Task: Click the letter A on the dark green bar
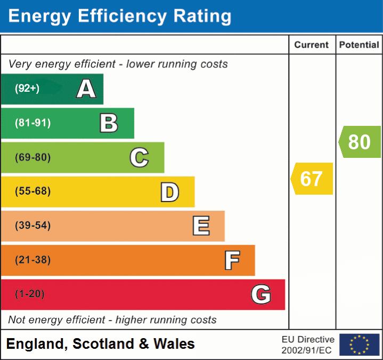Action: coord(86,89)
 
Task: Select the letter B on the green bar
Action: coord(109,123)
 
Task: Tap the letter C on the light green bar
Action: coord(139,157)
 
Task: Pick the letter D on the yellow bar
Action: coord(169,192)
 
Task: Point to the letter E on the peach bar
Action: coord(201,226)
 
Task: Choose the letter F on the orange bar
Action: coord(232,260)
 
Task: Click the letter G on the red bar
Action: coord(261,294)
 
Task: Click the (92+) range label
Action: coord(27,89)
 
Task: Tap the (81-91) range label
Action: coord(33,123)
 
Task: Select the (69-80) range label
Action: coord(33,157)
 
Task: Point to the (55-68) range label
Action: coord(33,191)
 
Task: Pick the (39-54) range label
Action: coord(33,226)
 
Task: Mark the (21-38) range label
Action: coord(33,260)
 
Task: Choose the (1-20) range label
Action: coord(30,294)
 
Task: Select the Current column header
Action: coord(312,45)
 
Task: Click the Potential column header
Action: coord(359,45)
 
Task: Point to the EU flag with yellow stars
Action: coord(359,345)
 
